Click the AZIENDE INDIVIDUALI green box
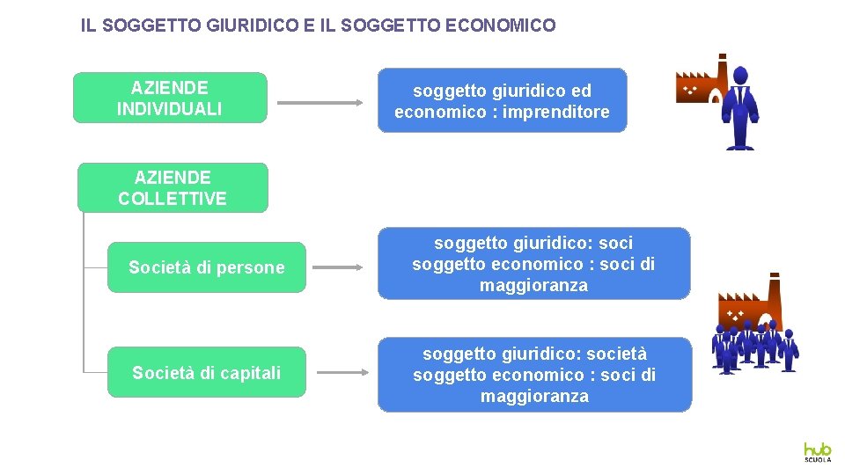(169, 98)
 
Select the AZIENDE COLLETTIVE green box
(173, 187)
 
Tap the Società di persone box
(207, 267)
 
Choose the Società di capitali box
(207, 372)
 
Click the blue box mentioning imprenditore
(502, 100)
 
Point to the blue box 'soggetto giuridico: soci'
(533, 264)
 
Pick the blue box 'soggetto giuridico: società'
(534, 375)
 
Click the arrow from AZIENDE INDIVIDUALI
(320, 103)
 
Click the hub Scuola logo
(817, 451)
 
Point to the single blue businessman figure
(740, 107)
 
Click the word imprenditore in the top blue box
(556, 112)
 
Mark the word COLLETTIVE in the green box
(173, 199)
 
